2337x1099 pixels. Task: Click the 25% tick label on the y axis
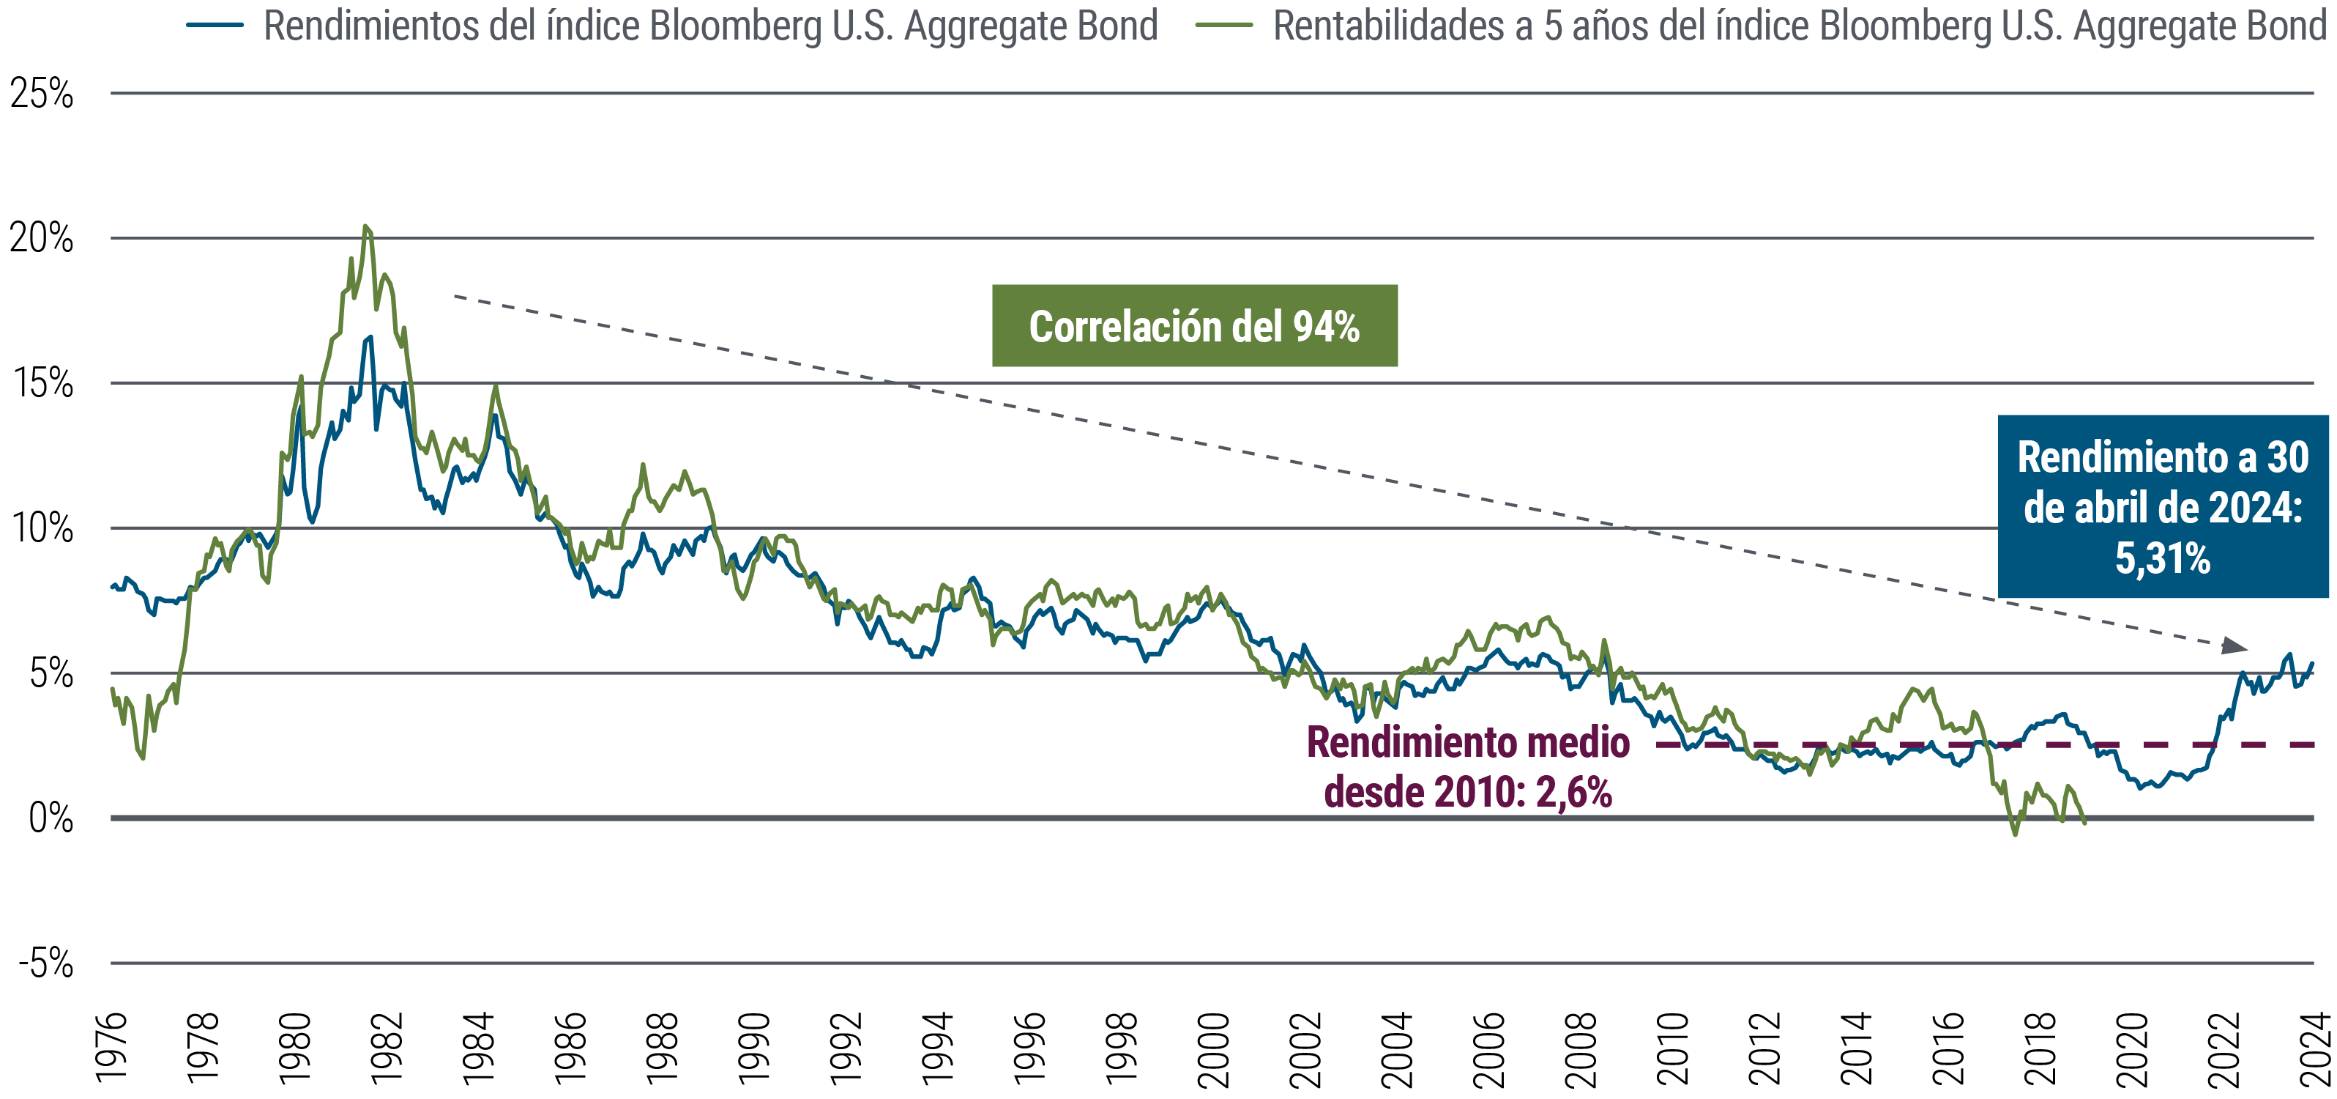tap(42, 94)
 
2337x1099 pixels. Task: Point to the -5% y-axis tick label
tap(45, 963)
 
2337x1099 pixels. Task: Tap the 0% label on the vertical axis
tap(51, 818)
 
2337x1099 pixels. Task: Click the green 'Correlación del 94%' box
tap(1194, 326)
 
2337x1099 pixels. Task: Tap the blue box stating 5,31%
tap(2162, 506)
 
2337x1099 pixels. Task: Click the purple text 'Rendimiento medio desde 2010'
tap(1467, 767)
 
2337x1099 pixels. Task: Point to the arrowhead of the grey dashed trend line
tap(2235, 646)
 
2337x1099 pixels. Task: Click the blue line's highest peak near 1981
tap(369, 337)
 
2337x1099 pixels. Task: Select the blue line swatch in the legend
tap(215, 26)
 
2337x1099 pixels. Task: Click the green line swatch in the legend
tap(1224, 26)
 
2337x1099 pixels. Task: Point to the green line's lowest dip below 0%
tap(2016, 833)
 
